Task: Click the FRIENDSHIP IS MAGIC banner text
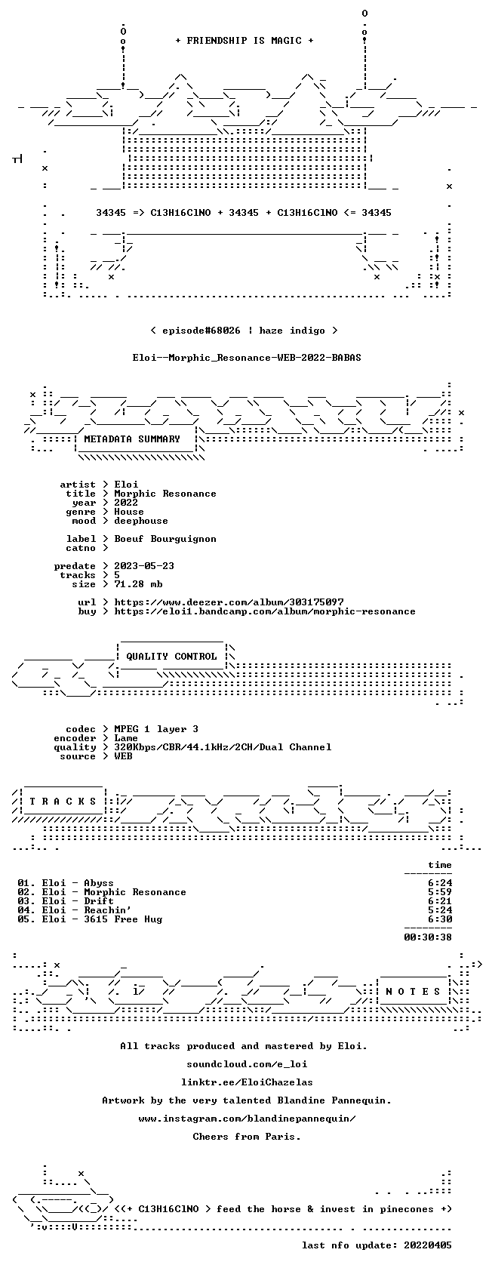[244, 41]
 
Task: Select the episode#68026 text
[201, 331]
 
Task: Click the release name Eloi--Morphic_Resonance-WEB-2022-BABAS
[247, 358]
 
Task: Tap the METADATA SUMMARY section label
[132, 439]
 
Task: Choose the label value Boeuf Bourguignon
[165, 539]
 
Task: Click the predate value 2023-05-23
[144, 566]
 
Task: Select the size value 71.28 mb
[138, 584]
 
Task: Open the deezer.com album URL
[229, 602]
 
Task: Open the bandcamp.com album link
[265, 611]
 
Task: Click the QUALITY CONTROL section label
[171, 657]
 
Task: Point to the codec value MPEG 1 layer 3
[156, 729]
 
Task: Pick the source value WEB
[124, 756]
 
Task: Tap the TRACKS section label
[62, 802]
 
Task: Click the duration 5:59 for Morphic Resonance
[440, 892]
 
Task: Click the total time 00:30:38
[428, 937]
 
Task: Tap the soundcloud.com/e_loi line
[247, 1064]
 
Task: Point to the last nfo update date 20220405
[428, 1245]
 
